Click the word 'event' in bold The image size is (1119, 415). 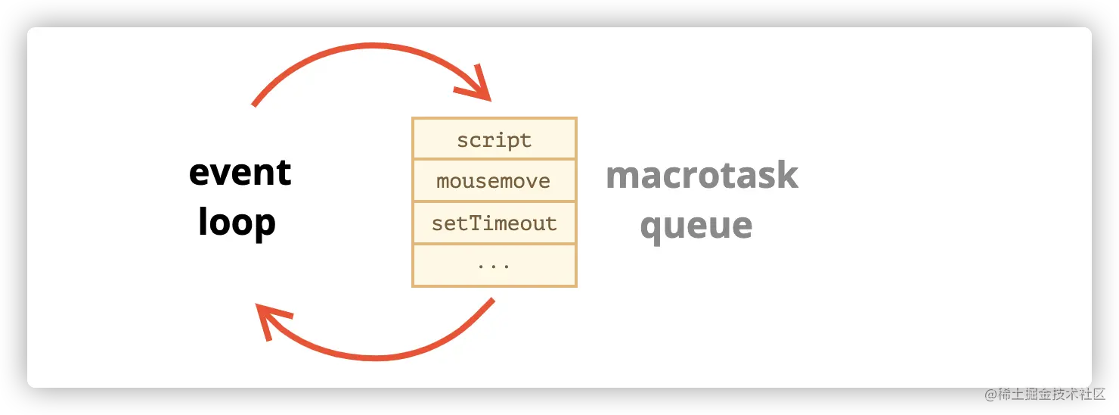240,173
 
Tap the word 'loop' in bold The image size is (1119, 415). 237,223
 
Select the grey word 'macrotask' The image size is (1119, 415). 702,175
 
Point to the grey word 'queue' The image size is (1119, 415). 696,227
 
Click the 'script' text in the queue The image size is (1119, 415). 494,141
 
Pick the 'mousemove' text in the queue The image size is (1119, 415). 493,181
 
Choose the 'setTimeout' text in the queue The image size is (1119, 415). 494,223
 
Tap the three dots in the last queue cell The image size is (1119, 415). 494,267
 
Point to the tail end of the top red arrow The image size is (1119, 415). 253,105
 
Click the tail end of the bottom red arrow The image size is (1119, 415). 493,299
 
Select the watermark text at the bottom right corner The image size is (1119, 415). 1045,395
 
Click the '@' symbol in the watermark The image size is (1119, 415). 990,395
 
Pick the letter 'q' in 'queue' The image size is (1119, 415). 652,229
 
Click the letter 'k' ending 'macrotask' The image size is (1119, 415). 787,175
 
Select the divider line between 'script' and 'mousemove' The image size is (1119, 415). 494,159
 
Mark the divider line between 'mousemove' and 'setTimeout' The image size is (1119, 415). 494,201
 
